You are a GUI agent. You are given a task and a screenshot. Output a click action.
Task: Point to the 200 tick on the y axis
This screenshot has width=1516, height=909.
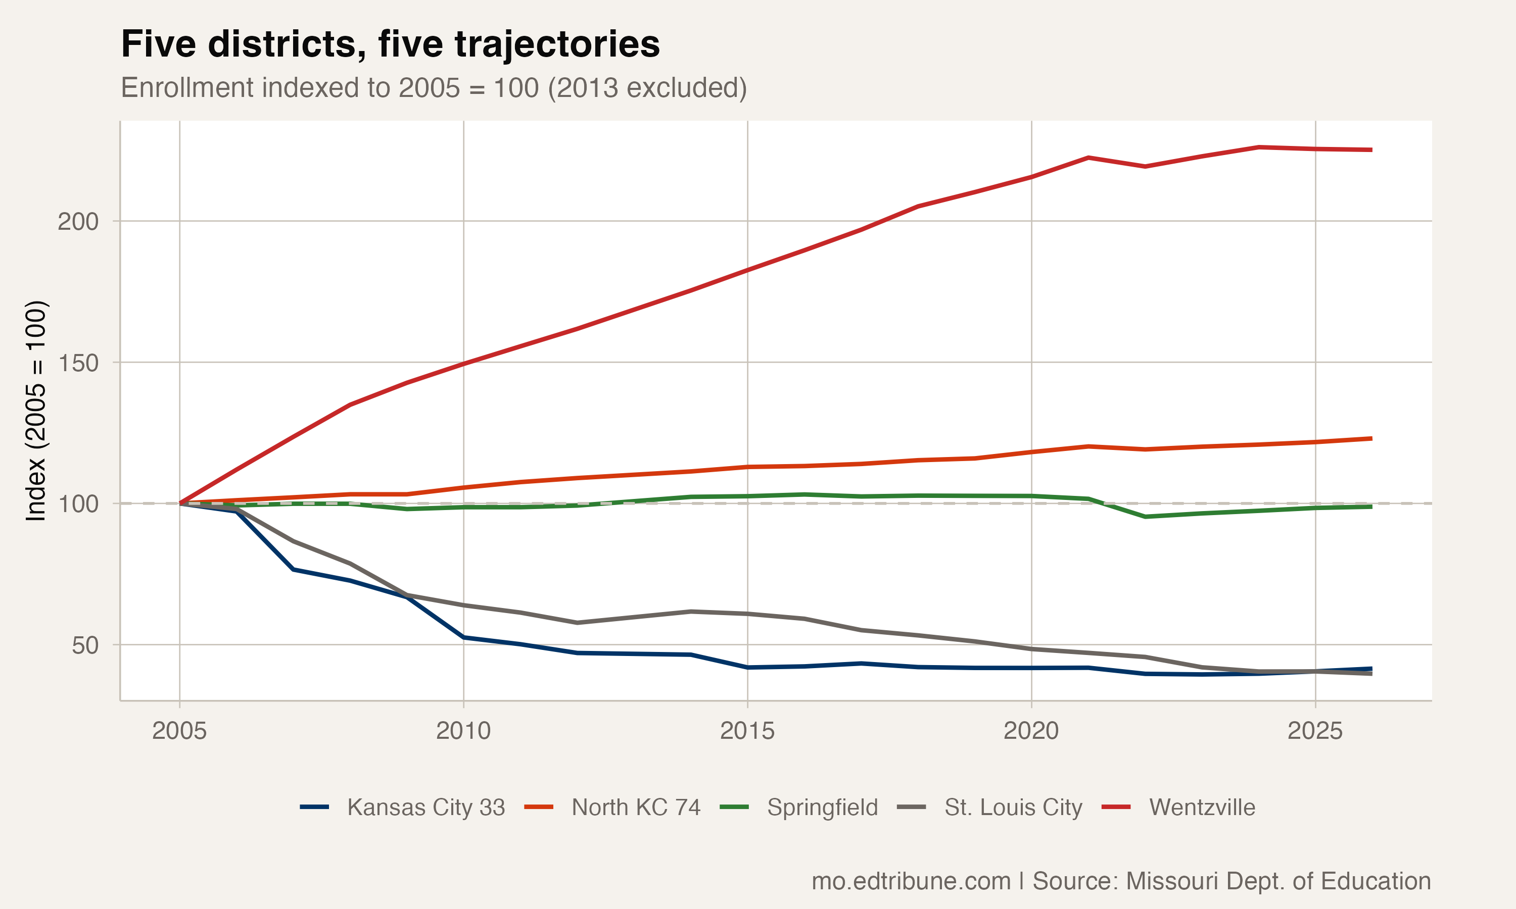(x=78, y=221)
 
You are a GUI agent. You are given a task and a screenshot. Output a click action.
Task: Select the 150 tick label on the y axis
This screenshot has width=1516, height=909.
(x=78, y=363)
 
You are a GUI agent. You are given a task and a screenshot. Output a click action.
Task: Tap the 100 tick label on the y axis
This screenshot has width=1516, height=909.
(x=78, y=503)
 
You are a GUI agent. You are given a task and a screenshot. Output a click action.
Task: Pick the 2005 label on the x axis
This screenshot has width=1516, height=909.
(x=179, y=731)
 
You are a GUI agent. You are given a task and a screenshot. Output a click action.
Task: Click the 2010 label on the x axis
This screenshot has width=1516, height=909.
(x=463, y=731)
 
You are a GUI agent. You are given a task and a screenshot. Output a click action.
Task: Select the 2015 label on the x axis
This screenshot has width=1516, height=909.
(x=747, y=731)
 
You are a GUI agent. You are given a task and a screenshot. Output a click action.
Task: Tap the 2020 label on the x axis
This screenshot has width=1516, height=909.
(x=1031, y=731)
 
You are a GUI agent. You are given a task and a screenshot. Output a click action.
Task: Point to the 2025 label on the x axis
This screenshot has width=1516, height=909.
(x=1315, y=731)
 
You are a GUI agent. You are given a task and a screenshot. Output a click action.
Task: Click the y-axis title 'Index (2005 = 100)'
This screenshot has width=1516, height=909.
(x=35, y=411)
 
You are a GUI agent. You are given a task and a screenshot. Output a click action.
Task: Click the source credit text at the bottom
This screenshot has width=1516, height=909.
(x=1121, y=881)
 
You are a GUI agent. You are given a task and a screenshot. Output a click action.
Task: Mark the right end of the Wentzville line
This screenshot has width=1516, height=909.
(x=1371, y=149)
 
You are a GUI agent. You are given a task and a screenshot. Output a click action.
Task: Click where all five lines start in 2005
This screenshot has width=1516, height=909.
(x=179, y=503)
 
